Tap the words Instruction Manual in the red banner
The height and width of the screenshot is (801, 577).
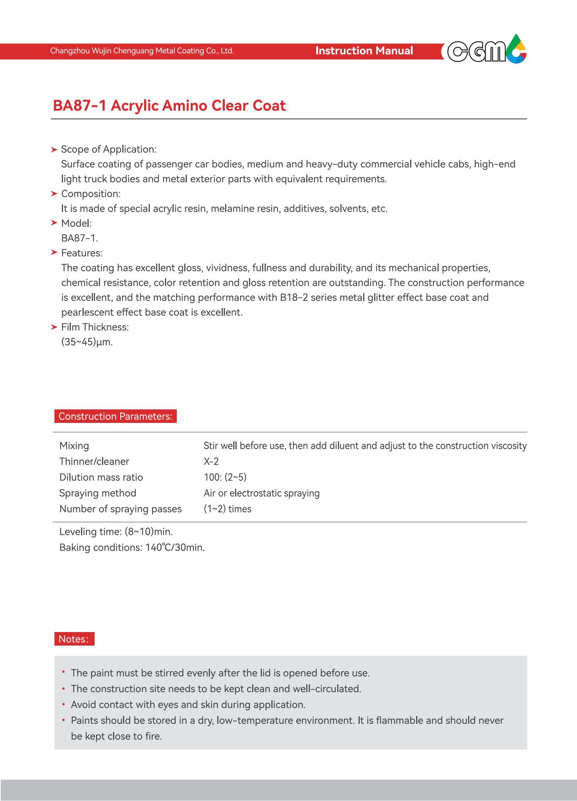click(364, 51)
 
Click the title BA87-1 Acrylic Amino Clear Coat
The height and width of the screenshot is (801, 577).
click(169, 106)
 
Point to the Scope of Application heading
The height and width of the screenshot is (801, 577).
click(108, 149)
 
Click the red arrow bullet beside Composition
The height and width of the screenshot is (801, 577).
click(54, 194)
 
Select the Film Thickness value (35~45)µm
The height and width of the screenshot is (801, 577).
click(87, 342)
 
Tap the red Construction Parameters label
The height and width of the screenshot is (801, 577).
click(115, 417)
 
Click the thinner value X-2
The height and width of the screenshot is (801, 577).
click(211, 462)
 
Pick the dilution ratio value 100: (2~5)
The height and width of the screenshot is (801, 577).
click(225, 477)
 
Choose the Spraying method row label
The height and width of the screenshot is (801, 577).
click(98, 493)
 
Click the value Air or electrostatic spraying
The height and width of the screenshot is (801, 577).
click(261, 493)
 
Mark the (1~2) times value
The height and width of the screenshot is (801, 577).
click(227, 509)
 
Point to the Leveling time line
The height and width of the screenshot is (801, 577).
click(116, 532)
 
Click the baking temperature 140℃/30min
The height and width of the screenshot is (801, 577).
click(175, 547)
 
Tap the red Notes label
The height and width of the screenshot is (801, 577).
click(74, 639)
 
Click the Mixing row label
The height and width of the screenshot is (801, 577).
click(74, 446)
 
